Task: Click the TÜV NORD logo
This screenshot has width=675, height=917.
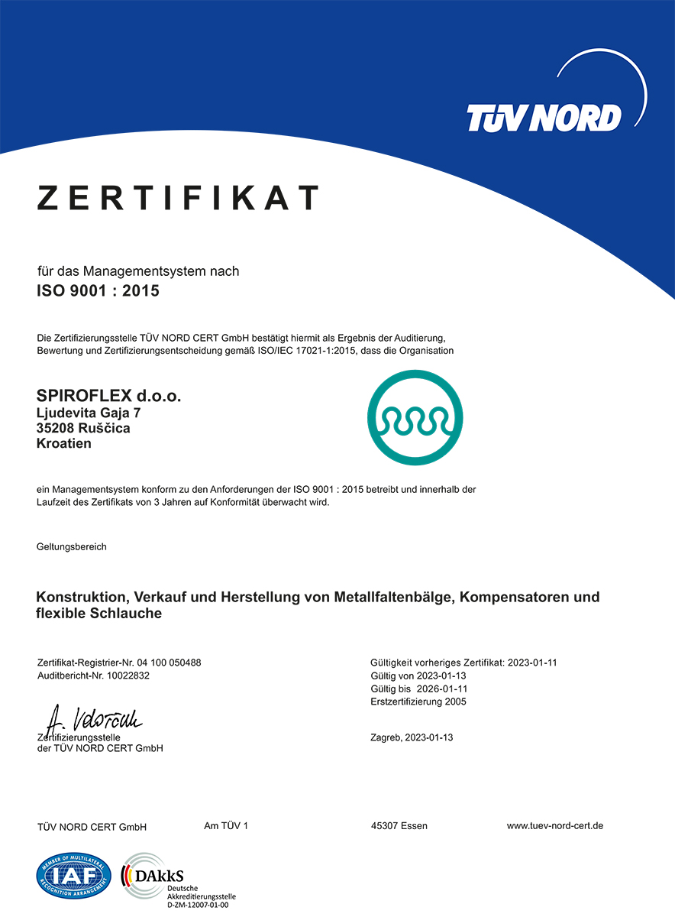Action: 544,117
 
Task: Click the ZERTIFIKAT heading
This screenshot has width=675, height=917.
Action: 178,198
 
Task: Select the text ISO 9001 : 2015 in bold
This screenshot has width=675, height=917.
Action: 98,290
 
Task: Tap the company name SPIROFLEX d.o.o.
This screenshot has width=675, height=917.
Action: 109,396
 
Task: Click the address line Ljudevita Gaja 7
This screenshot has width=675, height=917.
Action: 89,413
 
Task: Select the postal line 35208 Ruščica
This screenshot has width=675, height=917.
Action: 83,428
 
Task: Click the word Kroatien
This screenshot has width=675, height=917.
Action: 64,443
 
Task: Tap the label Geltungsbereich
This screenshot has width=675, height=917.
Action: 72,546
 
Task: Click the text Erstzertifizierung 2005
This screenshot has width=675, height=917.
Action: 418,702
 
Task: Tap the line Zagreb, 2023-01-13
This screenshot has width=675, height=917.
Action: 412,737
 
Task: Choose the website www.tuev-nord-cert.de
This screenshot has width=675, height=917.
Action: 555,826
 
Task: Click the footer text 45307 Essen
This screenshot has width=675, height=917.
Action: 399,826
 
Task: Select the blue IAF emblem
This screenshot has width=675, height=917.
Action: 74,875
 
